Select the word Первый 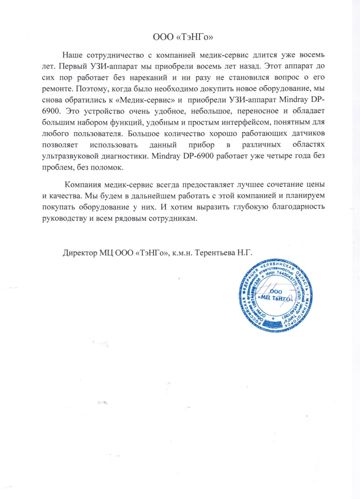coord(72,67)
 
